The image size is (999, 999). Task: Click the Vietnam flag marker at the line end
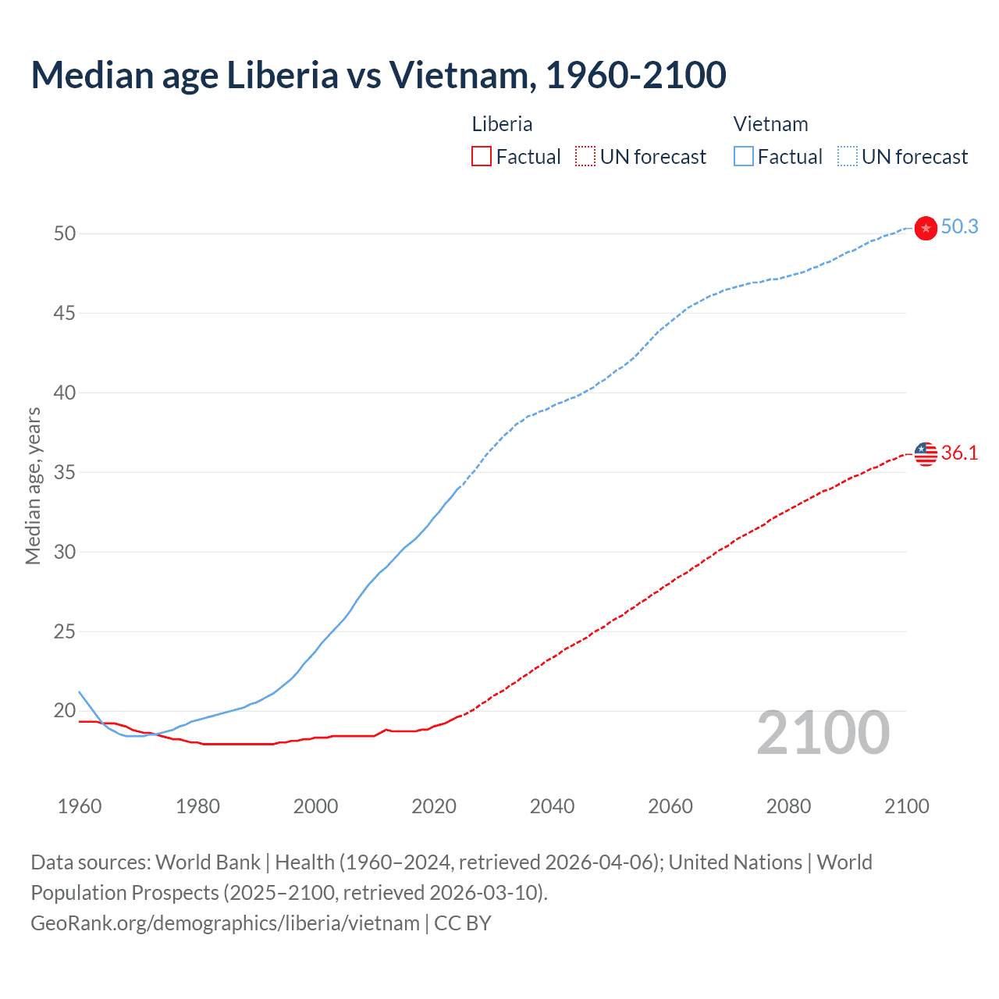[926, 228]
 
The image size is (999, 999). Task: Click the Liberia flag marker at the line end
[926, 453]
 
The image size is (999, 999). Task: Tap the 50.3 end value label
[959, 226]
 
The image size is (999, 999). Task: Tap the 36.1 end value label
[959, 453]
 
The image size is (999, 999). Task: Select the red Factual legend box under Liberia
[482, 156]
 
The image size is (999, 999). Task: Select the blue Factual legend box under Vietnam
[743, 156]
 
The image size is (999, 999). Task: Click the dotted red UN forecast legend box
[585, 156]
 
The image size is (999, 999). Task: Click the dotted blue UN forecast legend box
[847, 156]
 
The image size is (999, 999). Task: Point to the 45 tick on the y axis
[65, 313]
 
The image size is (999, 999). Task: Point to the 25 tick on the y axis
[65, 631]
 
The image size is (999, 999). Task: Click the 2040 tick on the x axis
[552, 806]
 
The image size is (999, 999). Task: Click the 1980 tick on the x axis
[197, 806]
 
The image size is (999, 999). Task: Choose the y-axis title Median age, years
[33, 485]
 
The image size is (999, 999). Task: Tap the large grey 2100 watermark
[823, 732]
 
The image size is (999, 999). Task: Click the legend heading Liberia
[502, 124]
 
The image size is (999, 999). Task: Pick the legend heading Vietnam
[770, 124]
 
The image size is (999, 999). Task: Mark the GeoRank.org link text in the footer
[225, 923]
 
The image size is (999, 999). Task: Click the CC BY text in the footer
[463, 923]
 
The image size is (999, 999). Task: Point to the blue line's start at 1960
[80, 692]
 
